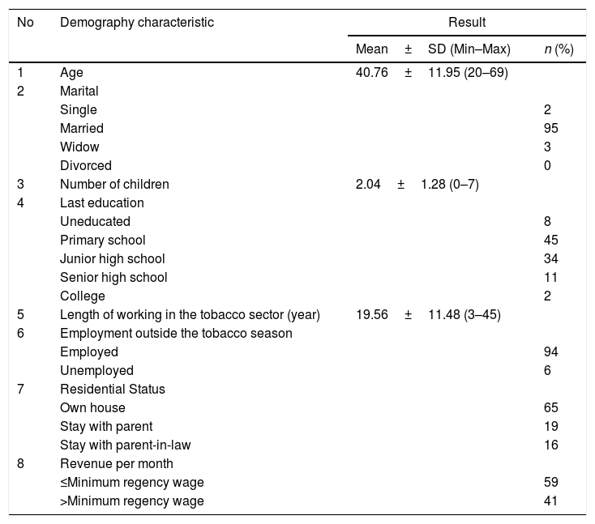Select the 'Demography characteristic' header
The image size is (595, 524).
coord(137,23)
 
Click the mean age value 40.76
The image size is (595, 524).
coord(372,73)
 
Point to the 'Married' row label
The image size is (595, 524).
coord(82,128)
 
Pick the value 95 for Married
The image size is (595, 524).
coord(551,128)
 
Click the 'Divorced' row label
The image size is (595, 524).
coord(86,165)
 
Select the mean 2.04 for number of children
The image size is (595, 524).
coord(369,184)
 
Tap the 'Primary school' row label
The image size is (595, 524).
coord(103,240)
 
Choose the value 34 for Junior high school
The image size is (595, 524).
coord(551,258)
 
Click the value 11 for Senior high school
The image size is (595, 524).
coord(551,277)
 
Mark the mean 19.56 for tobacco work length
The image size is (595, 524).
coord(372,314)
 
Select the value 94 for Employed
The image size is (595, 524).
coord(551,351)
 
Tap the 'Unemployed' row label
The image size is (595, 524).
coord(96,370)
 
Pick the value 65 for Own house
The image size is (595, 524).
coord(551,407)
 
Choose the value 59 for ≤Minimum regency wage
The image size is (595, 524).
coord(551,482)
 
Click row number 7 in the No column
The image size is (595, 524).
coord(21,389)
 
